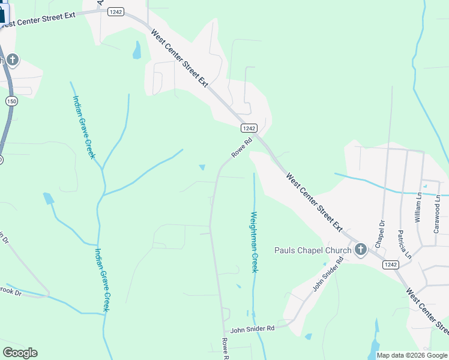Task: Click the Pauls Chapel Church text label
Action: pos(313,250)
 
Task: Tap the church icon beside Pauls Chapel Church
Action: pos(360,249)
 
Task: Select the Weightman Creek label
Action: pos(254,242)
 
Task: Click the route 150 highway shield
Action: pos(11,100)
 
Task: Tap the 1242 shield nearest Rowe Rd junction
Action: pos(249,128)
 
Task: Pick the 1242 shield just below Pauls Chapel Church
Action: pos(390,265)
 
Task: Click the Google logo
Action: pos(20,353)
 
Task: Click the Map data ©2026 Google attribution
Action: pos(412,355)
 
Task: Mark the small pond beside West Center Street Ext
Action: pos(137,50)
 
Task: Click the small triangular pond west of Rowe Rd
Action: pos(202,167)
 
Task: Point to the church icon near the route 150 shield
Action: pos(13,60)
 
